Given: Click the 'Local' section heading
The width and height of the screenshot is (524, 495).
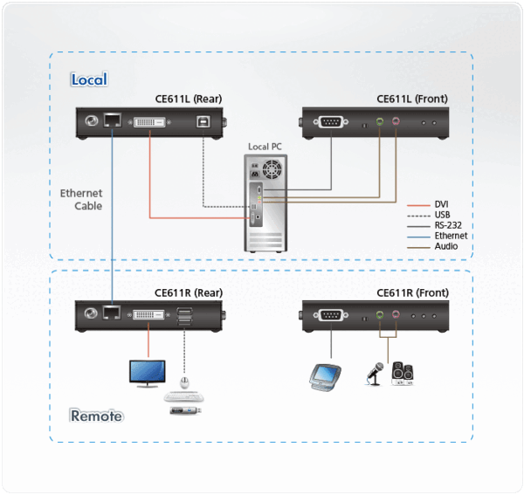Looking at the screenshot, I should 88,79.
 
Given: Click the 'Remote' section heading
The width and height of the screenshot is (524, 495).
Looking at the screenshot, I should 96,416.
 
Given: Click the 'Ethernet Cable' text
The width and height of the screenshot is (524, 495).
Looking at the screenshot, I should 81,199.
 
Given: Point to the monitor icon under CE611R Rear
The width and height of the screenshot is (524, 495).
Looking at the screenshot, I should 146,373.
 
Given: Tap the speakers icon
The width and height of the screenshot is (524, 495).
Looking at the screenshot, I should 403,375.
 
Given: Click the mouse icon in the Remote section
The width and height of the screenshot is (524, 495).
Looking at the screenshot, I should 183,382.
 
